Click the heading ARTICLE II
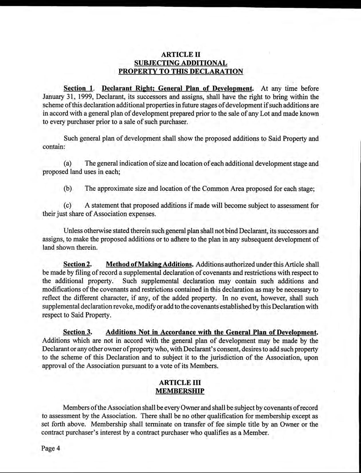pos(180,54)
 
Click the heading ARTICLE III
pos(180,382)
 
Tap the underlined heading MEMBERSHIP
pos(180,391)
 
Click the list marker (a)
pos(68,164)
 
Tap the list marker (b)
pos(68,189)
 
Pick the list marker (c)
pos(68,206)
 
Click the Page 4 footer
pos(51,448)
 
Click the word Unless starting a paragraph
pos(73,230)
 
